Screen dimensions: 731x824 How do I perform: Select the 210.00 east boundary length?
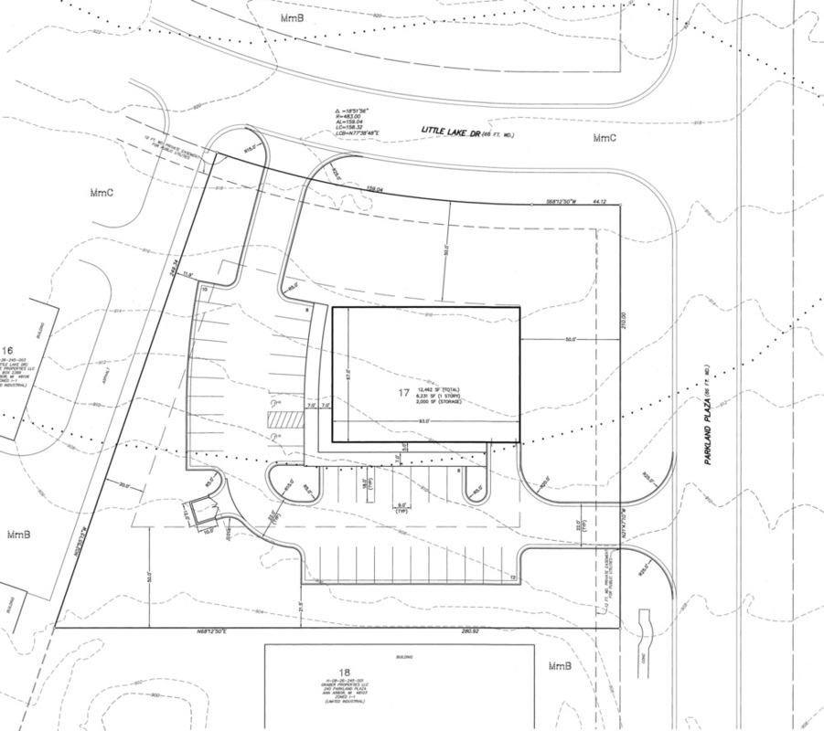623,315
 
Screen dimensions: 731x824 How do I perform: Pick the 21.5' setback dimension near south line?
299,606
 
